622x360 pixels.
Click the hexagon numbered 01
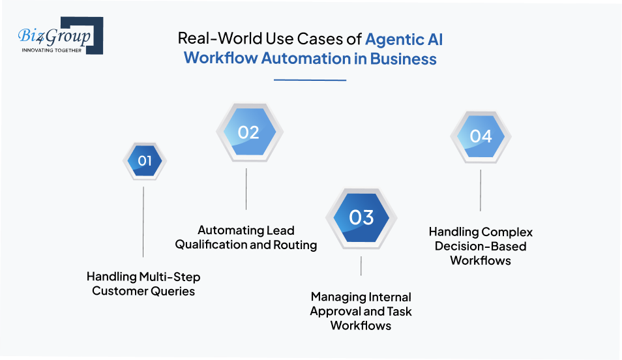click(145, 160)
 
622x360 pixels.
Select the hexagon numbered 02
click(248, 133)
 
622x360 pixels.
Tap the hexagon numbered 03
click(361, 217)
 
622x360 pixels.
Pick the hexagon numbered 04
click(481, 136)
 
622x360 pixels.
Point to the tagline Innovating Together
click(52, 50)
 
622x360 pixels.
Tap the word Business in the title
click(404, 59)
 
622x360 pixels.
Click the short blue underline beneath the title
click(310, 80)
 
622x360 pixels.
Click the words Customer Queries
click(143, 291)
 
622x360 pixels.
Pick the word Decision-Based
click(481, 247)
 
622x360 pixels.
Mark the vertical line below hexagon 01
click(143, 222)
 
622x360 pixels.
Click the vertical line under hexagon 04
click(481, 190)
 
